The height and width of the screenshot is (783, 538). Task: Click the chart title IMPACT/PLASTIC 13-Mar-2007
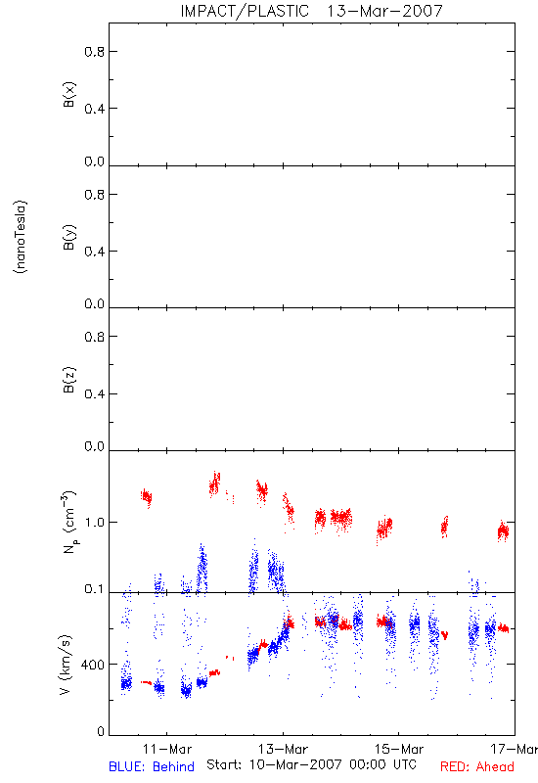point(311,11)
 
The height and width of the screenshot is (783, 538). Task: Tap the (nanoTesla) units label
point(21,237)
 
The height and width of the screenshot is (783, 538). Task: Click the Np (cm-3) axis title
point(69,522)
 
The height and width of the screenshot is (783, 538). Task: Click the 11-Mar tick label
point(166,749)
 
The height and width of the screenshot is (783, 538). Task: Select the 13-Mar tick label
point(283,749)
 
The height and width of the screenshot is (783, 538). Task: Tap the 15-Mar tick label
point(399,749)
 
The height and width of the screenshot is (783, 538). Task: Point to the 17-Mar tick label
point(515,749)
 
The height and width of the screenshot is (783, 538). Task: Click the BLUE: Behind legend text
point(152,766)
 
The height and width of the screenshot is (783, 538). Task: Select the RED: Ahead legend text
point(477,766)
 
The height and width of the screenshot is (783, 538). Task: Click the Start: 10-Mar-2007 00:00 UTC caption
point(311,764)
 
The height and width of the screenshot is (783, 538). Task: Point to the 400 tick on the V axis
point(93,665)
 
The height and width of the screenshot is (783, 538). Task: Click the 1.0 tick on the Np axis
point(95,523)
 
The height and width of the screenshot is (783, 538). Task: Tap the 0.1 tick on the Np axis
point(95,589)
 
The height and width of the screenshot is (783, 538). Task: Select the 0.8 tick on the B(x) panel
point(95,52)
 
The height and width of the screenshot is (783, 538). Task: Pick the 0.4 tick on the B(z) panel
point(95,394)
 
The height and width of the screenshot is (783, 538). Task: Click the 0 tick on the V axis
point(101,731)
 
